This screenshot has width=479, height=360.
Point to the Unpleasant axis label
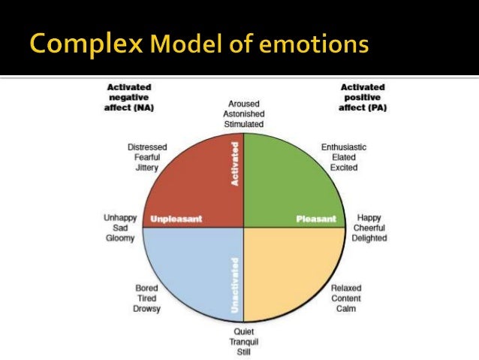pos(176,219)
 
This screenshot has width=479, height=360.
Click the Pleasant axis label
pos(315,219)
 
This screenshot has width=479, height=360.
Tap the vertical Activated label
pos(236,165)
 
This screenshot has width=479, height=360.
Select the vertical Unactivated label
pos(236,286)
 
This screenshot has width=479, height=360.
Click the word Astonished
pos(244,113)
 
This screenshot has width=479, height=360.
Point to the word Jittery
pos(147,168)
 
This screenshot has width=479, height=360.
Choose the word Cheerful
pos(369,228)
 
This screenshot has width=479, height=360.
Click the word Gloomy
pos(120,238)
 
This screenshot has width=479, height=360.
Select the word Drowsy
pos(146,309)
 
